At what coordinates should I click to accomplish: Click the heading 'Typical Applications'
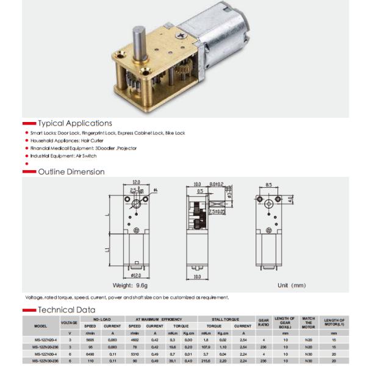[74, 123]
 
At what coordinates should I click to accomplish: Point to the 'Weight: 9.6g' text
[132, 285]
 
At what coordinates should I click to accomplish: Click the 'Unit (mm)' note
[291, 285]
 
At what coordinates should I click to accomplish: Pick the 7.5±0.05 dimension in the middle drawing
[217, 212]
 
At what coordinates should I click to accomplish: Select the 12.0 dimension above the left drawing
[137, 182]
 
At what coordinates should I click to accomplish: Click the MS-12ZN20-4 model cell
[41, 339]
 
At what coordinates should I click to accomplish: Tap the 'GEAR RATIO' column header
[264, 321]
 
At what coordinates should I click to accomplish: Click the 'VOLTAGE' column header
[70, 322]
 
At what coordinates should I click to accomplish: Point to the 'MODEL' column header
[41, 326]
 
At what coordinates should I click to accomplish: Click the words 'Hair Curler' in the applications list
[91, 140]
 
